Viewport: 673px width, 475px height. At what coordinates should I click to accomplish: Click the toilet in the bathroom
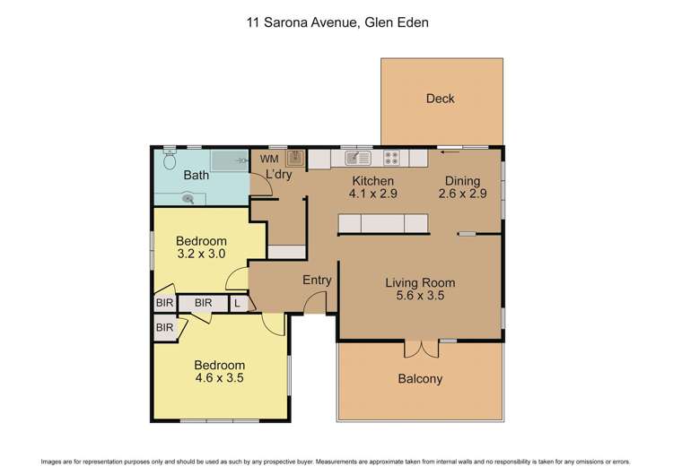(x=170, y=160)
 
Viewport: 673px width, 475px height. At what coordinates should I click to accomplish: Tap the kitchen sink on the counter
(x=358, y=159)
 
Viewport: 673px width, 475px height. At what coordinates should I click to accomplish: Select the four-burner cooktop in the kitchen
(x=392, y=159)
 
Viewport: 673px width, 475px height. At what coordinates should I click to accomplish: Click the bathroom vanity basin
(x=188, y=199)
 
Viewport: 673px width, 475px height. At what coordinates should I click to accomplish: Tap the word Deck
(x=441, y=99)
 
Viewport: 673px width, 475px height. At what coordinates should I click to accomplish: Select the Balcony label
(x=420, y=378)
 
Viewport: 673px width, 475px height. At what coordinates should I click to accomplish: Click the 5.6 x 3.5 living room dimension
(x=415, y=295)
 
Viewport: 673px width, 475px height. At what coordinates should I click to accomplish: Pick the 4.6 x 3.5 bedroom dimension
(x=220, y=378)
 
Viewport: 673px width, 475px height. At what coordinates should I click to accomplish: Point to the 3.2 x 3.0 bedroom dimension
(x=200, y=254)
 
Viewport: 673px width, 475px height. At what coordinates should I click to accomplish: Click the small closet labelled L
(x=237, y=304)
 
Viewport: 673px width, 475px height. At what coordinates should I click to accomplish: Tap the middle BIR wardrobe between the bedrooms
(x=203, y=304)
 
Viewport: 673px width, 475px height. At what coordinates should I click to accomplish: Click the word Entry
(x=317, y=281)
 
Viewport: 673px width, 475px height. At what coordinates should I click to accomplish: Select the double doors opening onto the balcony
(x=419, y=349)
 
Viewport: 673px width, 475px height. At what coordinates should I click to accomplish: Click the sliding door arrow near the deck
(x=446, y=152)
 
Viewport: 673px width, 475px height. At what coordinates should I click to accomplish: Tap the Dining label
(x=463, y=180)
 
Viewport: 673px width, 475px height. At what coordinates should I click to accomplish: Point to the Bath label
(x=197, y=176)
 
